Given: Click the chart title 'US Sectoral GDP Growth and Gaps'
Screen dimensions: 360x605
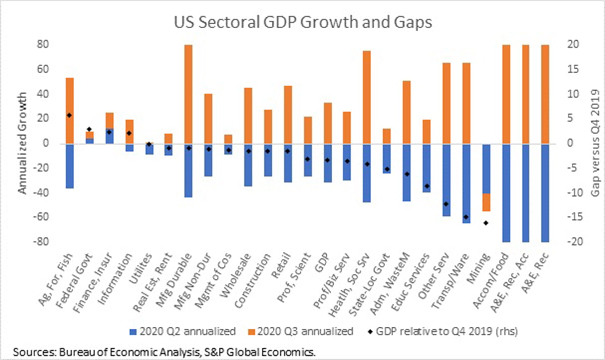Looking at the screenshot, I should click(x=302, y=23).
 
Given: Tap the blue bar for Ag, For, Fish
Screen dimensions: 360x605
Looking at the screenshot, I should click(x=70, y=166).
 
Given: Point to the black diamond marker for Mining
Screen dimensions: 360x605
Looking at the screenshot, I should click(x=486, y=223).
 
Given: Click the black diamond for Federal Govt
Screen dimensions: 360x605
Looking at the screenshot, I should click(x=89, y=130).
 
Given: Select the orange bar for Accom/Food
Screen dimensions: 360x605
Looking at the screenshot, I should click(x=506, y=94).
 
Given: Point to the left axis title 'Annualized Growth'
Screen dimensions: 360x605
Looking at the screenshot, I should click(x=23, y=144).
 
